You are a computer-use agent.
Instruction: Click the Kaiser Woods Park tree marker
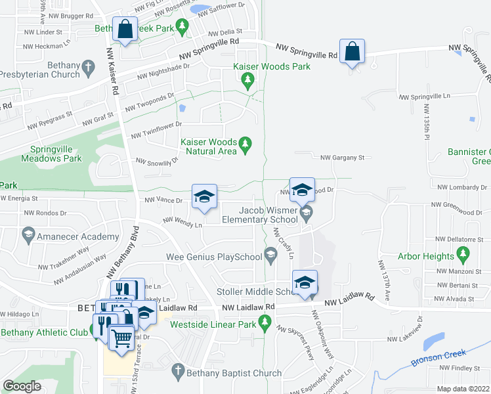coord(247,81)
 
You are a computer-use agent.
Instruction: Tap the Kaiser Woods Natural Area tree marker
coord(245,142)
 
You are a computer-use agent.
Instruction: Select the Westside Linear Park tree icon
coord(265,322)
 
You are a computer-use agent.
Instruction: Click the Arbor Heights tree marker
coord(464,253)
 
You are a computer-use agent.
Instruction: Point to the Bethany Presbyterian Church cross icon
coord(88,66)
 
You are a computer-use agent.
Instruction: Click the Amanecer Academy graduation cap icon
coord(28,234)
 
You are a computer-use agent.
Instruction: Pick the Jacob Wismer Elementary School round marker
coord(306,212)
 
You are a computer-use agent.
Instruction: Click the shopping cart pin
coord(121,338)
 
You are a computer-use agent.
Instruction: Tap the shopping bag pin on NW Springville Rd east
coord(352,52)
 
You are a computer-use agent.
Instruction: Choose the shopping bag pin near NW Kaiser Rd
coord(124,29)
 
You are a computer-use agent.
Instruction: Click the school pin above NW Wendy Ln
coord(204,196)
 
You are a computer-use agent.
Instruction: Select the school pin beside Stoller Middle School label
coord(304,282)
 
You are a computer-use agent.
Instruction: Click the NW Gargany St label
coord(341,158)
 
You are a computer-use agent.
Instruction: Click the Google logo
coord(22,386)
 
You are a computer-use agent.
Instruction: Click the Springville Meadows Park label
coord(51,154)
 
